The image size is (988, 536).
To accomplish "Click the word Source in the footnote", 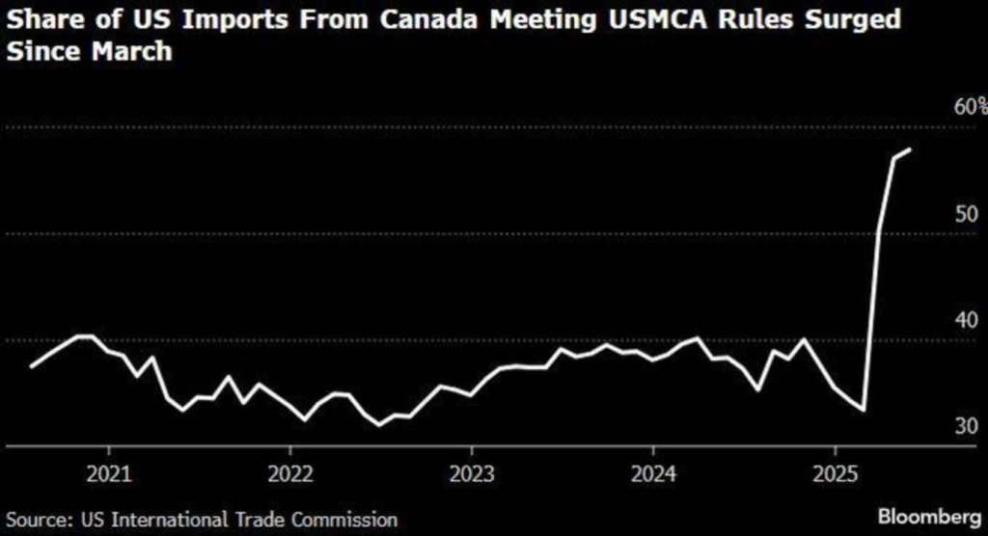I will (30, 519).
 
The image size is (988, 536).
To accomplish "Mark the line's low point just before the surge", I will (864, 411).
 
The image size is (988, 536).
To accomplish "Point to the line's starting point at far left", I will (31, 366).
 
